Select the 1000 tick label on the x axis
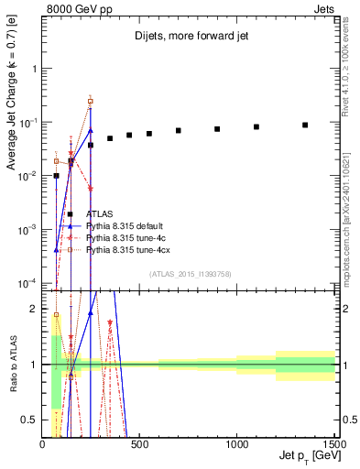point(236,444)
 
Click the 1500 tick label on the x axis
point(333,444)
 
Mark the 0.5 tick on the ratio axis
point(33,420)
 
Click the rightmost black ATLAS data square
point(305,125)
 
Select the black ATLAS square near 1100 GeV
point(256,126)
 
